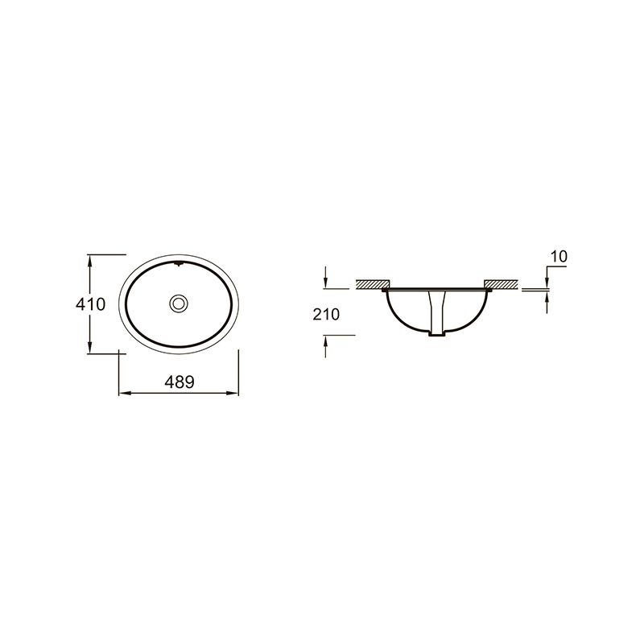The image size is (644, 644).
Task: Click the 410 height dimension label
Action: (x=90, y=304)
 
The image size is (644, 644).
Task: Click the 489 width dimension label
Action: (x=179, y=382)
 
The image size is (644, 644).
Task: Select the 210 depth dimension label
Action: (x=326, y=315)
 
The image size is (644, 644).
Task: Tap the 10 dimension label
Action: (x=559, y=256)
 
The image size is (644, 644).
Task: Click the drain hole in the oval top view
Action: (x=178, y=303)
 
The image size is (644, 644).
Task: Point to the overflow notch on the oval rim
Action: (x=178, y=264)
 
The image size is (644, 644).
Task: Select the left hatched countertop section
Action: (x=373, y=284)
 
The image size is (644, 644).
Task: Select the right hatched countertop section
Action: (x=501, y=284)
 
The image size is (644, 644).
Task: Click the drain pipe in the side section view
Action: (x=436, y=312)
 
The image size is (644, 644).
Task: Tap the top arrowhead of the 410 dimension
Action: (x=89, y=259)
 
